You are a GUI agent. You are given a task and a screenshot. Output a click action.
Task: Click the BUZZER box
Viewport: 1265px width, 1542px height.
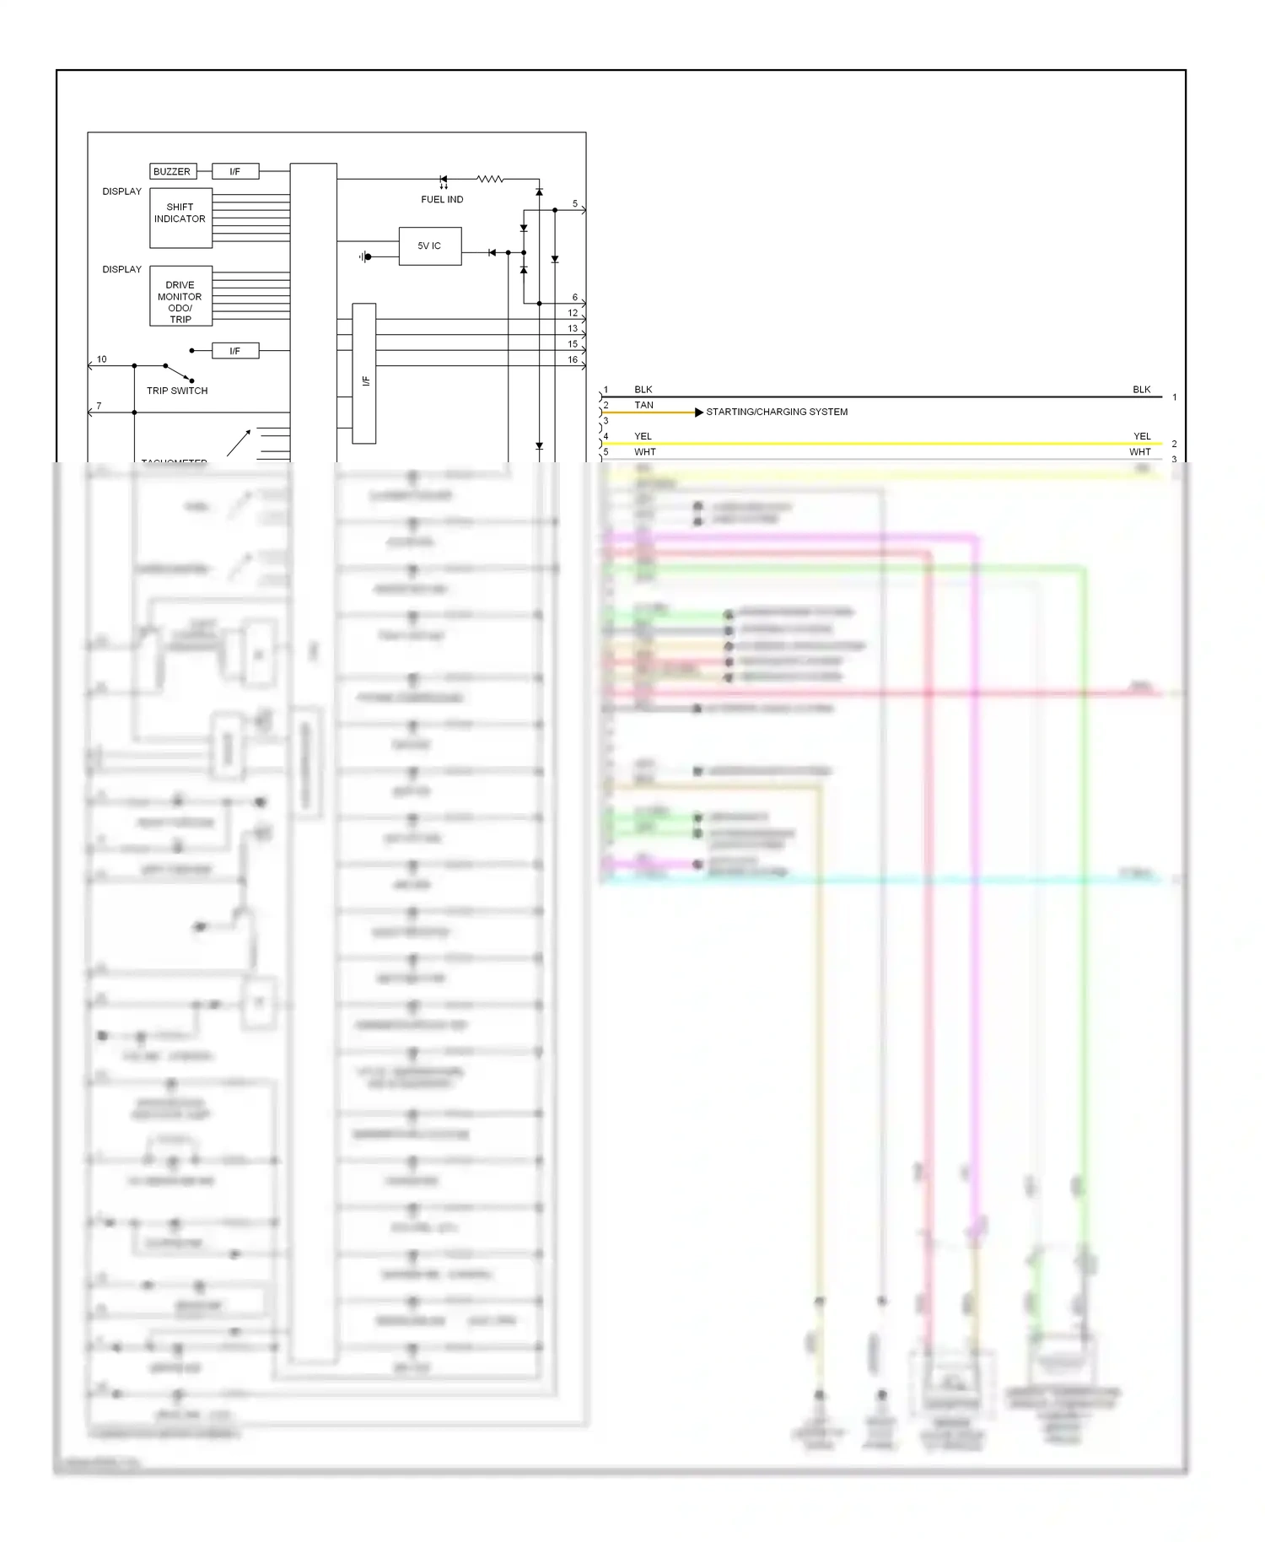coord(173,171)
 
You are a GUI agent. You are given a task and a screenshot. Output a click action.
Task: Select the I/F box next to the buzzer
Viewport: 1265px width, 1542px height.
coord(235,171)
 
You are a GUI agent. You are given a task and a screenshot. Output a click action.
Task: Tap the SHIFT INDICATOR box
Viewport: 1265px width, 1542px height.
coord(180,218)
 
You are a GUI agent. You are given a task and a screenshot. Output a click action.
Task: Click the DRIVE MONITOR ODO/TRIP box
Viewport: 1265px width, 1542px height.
coord(180,296)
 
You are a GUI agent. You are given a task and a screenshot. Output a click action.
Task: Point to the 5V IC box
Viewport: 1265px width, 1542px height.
coord(430,246)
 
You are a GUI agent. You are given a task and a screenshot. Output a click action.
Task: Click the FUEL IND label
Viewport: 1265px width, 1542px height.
coord(442,200)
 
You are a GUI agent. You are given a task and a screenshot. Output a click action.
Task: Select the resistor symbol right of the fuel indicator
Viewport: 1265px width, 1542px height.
coord(490,179)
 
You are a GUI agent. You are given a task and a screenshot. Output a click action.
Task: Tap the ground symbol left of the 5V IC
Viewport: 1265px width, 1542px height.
coord(365,256)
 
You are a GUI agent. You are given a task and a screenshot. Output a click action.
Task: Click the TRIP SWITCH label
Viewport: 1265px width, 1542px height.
coord(177,391)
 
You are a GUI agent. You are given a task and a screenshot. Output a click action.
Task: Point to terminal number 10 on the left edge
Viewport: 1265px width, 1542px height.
coord(102,359)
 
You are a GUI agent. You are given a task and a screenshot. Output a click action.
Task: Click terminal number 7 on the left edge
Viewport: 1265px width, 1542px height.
coord(99,406)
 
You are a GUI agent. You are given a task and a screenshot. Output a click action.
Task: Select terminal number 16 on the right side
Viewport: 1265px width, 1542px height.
coord(573,359)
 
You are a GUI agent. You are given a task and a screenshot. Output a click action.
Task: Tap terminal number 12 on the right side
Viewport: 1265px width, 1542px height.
coord(573,313)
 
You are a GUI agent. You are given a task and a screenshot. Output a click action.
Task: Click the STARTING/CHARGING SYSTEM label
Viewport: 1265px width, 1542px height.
coord(777,412)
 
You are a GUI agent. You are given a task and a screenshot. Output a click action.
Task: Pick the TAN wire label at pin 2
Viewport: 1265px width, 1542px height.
coord(643,405)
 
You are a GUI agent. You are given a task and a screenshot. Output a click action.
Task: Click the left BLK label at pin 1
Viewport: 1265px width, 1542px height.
coord(643,390)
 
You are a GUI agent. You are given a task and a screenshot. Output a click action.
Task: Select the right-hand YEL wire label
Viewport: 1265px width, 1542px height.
coord(1142,436)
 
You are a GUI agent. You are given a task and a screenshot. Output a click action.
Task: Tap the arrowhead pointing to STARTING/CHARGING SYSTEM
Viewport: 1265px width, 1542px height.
coord(698,412)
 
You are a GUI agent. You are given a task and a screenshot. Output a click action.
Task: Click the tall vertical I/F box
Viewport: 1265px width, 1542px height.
coord(364,373)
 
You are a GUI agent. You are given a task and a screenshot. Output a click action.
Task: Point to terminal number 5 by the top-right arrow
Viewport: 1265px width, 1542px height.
coord(575,204)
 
